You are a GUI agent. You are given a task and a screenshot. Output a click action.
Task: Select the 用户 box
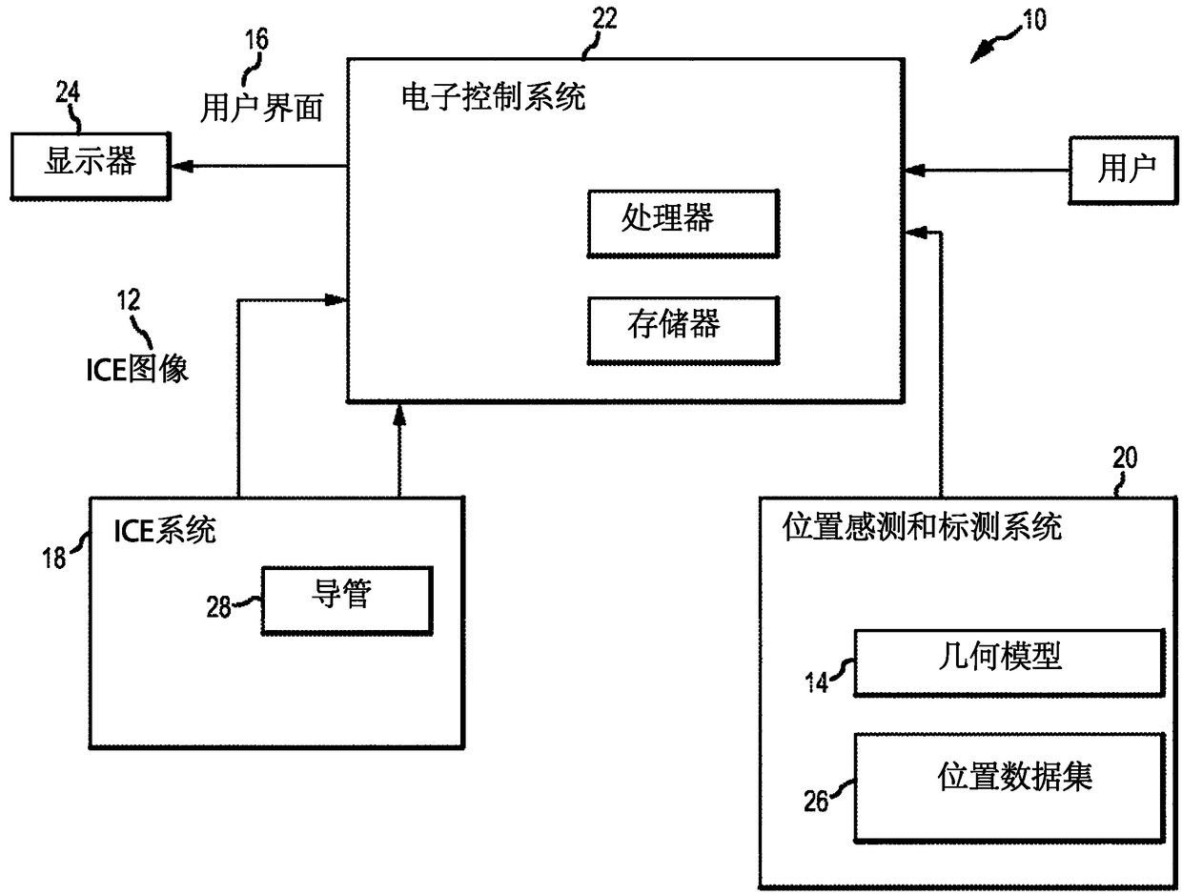click(1125, 170)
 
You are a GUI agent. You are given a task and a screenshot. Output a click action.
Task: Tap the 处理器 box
click(683, 222)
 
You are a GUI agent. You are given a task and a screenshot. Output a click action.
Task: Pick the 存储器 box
click(683, 329)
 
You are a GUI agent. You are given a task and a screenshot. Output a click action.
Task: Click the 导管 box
click(346, 600)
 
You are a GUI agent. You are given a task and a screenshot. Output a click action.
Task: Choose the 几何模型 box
click(1009, 661)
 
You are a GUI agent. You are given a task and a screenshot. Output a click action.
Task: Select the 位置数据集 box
click(1009, 782)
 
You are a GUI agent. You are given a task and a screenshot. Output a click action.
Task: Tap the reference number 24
click(68, 92)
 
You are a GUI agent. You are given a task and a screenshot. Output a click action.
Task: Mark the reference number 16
click(256, 39)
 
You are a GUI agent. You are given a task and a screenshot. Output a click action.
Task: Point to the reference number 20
click(1125, 458)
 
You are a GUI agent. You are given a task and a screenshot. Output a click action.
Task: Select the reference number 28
click(219, 606)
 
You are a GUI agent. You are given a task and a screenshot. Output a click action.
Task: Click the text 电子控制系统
click(494, 96)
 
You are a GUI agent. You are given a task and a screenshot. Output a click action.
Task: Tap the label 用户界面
click(261, 107)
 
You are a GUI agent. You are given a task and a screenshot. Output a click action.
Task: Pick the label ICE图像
click(137, 368)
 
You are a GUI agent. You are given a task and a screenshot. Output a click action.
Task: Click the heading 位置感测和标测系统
click(922, 526)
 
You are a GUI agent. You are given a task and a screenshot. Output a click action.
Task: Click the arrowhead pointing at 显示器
click(182, 166)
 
